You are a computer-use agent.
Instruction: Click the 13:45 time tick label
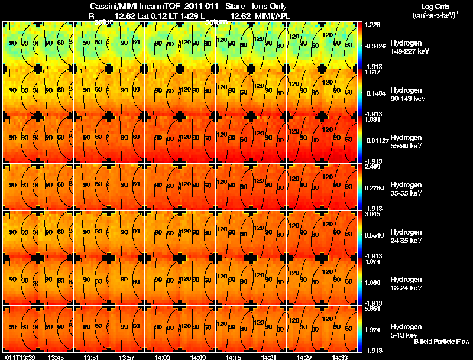click(x=56, y=357)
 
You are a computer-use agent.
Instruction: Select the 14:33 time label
click(x=339, y=357)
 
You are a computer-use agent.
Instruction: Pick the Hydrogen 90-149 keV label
click(x=406, y=94)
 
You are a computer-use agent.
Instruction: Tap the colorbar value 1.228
click(x=372, y=24)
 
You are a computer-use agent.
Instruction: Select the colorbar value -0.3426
click(x=375, y=45)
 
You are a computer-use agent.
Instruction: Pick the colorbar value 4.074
click(x=372, y=262)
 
